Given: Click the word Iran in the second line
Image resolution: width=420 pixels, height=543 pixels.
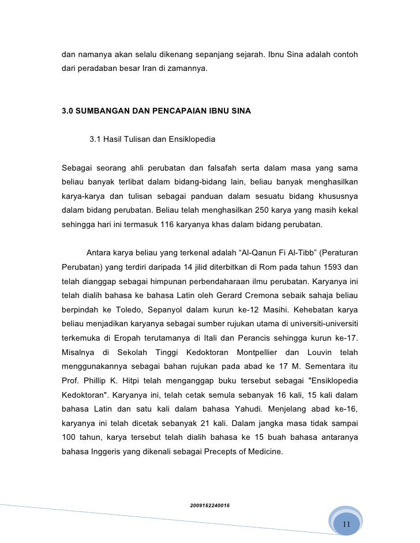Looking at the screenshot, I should click(151, 69).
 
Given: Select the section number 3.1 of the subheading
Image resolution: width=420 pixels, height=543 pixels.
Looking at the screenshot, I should click(96, 139).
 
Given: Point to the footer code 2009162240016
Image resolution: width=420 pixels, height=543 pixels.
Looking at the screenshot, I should click(210, 506).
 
